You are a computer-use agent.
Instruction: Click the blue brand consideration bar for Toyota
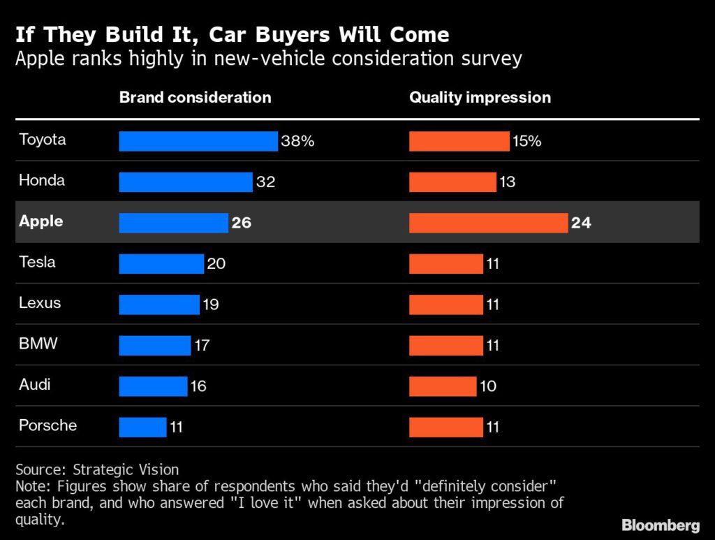(198, 141)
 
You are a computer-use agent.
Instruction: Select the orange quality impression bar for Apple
(488, 223)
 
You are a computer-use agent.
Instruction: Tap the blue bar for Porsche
(143, 427)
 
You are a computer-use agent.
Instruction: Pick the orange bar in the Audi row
(442, 386)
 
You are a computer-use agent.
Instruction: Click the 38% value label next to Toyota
(297, 141)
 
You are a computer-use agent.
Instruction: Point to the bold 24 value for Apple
(581, 223)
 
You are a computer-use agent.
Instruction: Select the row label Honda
(42, 180)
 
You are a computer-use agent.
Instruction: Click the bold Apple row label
(41, 221)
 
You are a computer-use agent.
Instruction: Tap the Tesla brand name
(37, 263)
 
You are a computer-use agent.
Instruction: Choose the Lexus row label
(40, 303)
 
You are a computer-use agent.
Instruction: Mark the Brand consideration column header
(195, 97)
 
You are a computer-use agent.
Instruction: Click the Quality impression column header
(480, 97)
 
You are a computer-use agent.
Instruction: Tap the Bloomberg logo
(661, 525)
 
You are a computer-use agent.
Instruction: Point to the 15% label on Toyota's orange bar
(527, 141)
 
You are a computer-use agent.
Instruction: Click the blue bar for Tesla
(161, 263)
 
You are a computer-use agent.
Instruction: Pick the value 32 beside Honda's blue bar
(265, 182)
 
